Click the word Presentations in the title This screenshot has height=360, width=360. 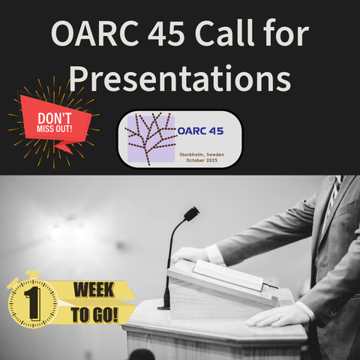pyautogui.click(x=180, y=79)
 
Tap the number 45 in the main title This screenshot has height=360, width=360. pyautogui.click(x=166, y=33)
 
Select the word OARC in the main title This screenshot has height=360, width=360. pyautogui.click(x=95, y=33)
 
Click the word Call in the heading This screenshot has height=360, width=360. pyautogui.click(x=224, y=32)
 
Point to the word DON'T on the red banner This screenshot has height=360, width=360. pyautogui.click(x=55, y=118)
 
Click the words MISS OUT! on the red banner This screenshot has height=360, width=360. pyautogui.click(x=55, y=129)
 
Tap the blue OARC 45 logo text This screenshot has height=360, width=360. pyautogui.click(x=200, y=131)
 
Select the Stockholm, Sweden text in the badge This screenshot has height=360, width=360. pyautogui.click(x=202, y=154)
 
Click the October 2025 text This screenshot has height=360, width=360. pyautogui.click(x=202, y=160)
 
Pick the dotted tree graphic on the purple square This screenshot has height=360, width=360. pyautogui.click(x=151, y=139)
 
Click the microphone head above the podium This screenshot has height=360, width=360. pyautogui.click(x=191, y=214)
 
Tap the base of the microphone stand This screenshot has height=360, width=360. pyautogui.click(x=164, y=306)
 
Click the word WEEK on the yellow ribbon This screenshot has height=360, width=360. pyautogui.click(x=94, y=290)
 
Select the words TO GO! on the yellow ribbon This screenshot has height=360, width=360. pyautogui.click(x=94, y=315)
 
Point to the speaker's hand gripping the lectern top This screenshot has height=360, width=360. pyautogui.click(x=191, y=255)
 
